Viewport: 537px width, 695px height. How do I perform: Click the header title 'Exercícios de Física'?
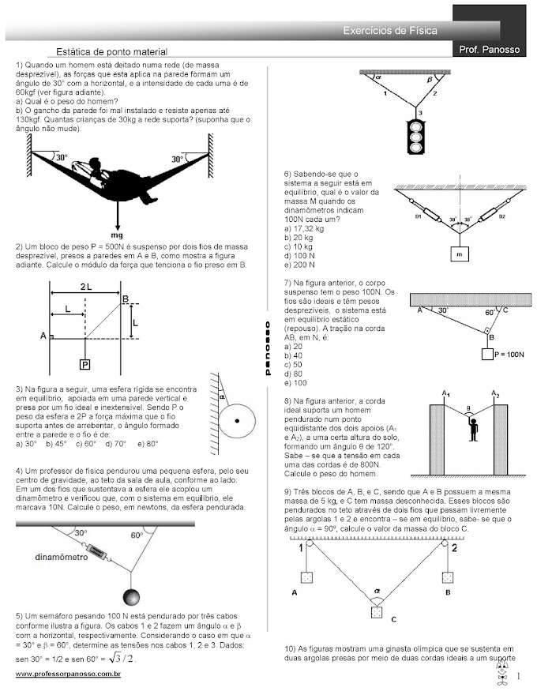[x=390, y=30]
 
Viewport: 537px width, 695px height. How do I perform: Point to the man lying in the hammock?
[x=118, y=172]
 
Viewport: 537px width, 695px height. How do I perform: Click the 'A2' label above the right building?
[x=496, y=393]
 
